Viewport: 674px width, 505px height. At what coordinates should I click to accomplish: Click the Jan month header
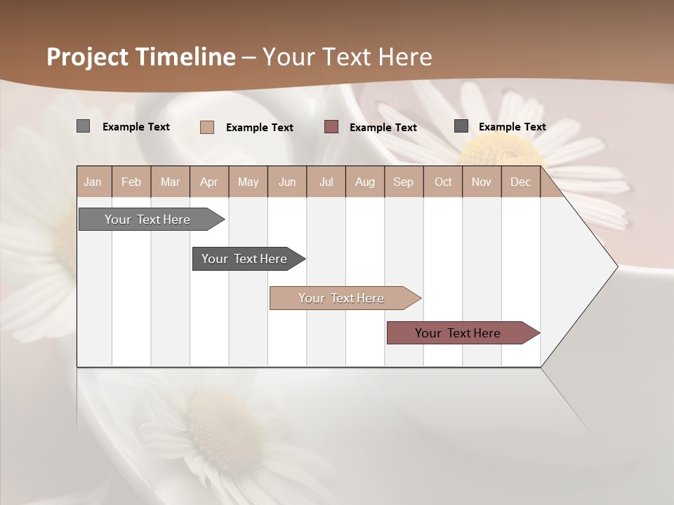pos(93,182)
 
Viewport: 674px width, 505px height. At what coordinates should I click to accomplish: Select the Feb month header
pos(131,182)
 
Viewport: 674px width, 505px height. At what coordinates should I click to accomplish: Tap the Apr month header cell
pos(209,182)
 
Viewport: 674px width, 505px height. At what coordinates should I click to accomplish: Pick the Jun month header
pos(287,182)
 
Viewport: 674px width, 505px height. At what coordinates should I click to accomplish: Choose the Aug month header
pos(364,182)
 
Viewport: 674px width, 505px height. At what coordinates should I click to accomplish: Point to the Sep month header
pos(403,182)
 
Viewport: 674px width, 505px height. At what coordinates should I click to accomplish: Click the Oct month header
pos(443,182)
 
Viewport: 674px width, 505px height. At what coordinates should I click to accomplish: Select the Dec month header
pos(520,182)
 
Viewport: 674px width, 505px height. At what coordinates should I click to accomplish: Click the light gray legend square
pos(83,126)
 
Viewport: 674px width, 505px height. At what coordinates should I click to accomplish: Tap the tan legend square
pos(207,127)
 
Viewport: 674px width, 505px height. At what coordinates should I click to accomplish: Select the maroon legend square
pos(331,126)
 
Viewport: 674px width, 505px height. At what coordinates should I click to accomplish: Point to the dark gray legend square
pos(461,126)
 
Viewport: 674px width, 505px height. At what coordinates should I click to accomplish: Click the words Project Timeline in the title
pos(140,57)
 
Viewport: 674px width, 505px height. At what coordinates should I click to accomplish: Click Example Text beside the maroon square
pos(383,128)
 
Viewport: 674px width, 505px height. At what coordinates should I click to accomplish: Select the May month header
pos(248,182)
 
